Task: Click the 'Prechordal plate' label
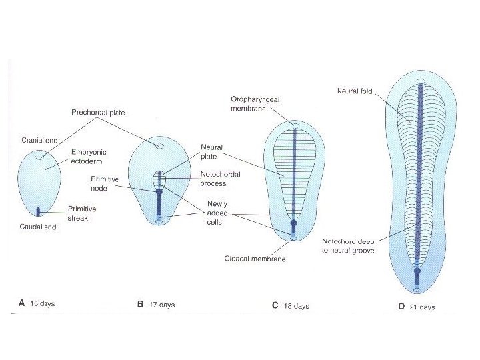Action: [98, 113]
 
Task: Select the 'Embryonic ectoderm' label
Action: [89, 156]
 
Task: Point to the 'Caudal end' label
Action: [38, 227]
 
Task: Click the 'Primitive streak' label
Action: [82, 213]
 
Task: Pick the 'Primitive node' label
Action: [105, 183]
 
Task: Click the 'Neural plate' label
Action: [211, 151]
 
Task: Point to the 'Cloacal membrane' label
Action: [255, 259]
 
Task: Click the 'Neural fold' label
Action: [355, 91]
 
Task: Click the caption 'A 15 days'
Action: [37, 304]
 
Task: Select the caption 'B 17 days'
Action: [156, 305]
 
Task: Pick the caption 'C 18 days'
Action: [291, 305]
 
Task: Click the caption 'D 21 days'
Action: [416, 307]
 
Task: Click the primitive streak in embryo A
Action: [39, 211]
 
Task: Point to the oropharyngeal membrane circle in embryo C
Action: [293, 124]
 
